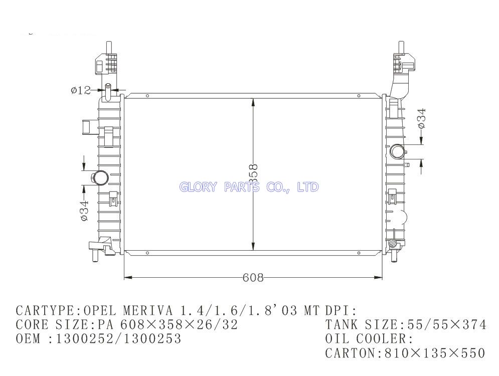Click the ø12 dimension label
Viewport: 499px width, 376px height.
(x=81, y=91)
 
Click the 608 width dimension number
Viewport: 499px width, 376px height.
(x=253, y=278)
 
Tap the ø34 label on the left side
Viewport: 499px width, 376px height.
(x=84, y=210)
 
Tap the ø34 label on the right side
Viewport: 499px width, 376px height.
(x=421, y=118)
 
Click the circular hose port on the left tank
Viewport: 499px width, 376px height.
(x=100, y=177)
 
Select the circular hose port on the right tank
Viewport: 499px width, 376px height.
(x=398, y=150)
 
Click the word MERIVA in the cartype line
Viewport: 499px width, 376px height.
(x=148, y=310)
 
